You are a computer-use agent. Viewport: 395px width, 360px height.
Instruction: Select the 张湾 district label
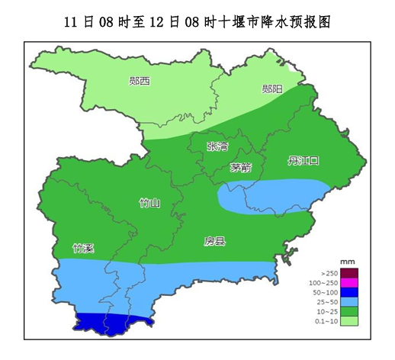pos(217,146)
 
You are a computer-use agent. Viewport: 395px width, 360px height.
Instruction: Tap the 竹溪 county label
pos(83,249)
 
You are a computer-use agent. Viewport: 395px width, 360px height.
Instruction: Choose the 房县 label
pos(214,242)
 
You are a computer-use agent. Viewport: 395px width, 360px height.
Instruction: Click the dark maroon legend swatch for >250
pos(348,273)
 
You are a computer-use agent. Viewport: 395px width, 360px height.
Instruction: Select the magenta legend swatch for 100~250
pos(348,283)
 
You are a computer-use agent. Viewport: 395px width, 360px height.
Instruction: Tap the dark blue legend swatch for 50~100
pos(348,292)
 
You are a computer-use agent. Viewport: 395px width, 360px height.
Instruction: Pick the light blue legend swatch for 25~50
pos(348,302)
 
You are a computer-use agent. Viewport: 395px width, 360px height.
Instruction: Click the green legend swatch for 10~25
pos(348,311)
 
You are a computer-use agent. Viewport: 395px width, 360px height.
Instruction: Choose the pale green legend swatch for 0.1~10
pos(348,321)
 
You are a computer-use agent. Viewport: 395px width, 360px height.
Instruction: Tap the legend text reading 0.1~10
pos(326,321)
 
